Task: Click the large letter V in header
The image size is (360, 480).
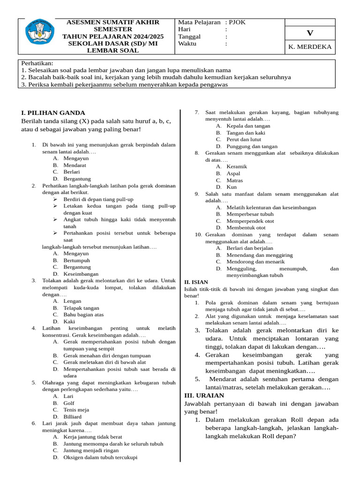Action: pyautogui.click(x=309, y=33)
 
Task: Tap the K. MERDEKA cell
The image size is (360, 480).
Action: pyautogui.click(x=310, y=47)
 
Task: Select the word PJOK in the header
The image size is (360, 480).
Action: pyautogui.click(x=237, y=22)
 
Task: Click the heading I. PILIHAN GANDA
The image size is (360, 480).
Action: pyautogui.click(x=53, y=112)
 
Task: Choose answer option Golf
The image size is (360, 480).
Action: pyautogui.click(x=69, y=403)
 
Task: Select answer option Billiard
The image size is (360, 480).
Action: pyautogui.click(x=72, y=416)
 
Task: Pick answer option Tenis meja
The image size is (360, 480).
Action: pyautogui.click(x=76, y=410)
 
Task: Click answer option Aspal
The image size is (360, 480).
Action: pyautogui.click(x=233, y=173)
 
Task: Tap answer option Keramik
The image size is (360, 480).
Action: pyautogui.click(x=236, y=166)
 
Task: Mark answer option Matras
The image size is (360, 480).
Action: pyautogui.click(x=234, y=180)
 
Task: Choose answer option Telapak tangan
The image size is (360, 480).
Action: pyautogui.click(x=81, y=308)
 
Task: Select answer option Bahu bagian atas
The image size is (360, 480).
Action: pyautogui.click(x=83, y=315)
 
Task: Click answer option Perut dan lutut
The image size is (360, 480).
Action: pyautogui.click(x=244, y=139)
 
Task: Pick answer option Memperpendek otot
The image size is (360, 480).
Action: pyautogui.click(x=250, y=221)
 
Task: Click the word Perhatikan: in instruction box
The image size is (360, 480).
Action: pyautogui.click(x=37, y=63)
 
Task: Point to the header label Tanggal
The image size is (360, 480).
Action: pyautogui.click(x=189, y=37)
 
